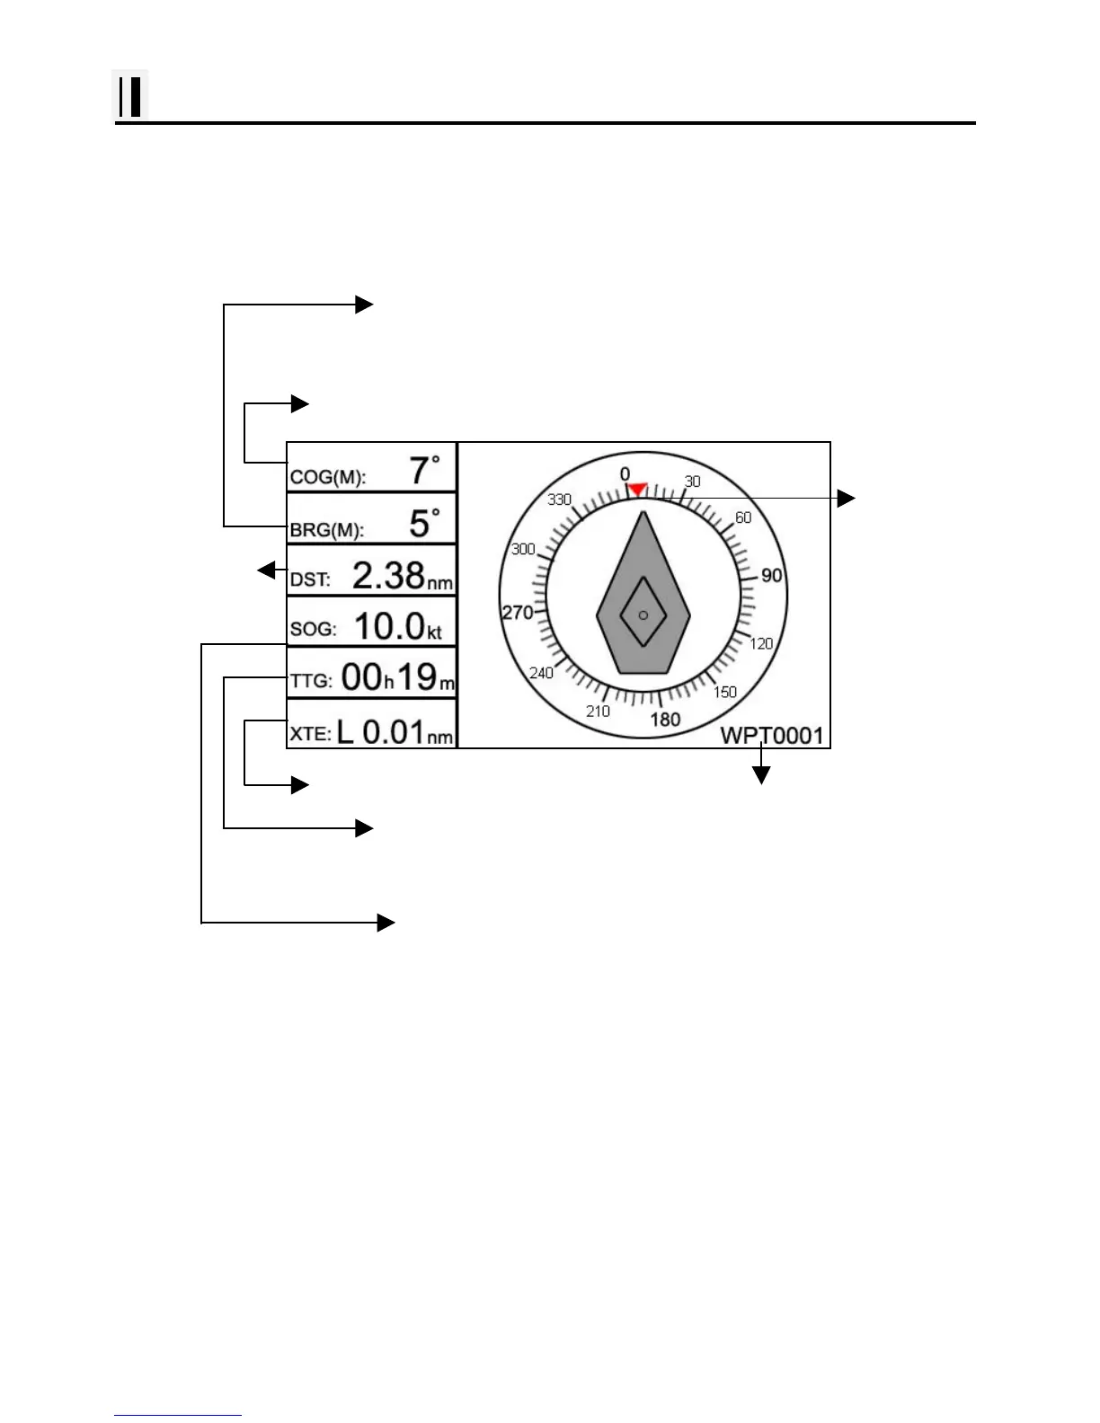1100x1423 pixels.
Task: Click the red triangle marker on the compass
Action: (x=637, y=490)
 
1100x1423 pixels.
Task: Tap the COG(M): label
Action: (x=328, y=477)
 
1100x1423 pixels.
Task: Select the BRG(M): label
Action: (x=326, y=530)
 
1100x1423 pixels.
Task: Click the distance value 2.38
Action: (x=388, y=576)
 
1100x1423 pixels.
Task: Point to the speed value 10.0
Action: (x=390, y=626)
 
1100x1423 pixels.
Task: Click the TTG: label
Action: (x=311, y=681)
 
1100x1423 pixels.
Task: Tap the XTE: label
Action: (x=311, y=733)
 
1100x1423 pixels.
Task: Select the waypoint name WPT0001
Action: (x=772, y=736)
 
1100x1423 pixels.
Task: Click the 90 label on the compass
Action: (x=771, y=576)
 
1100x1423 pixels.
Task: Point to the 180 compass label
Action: (x=665, y=720)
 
